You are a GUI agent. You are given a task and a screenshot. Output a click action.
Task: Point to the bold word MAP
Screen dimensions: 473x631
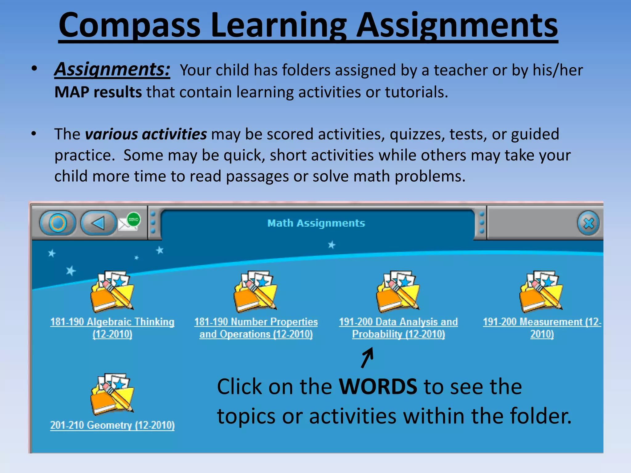(71, 92)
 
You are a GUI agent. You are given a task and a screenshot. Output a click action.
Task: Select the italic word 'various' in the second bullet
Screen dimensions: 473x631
(111, 134)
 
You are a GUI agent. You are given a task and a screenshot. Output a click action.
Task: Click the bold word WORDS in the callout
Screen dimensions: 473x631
(378, 386)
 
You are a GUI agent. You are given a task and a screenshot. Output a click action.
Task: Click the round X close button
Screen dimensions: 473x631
(588, 223)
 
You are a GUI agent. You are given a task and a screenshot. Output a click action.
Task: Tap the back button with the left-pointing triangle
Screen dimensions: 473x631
(99, 223)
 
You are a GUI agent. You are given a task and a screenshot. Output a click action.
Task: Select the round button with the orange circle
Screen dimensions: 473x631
(58, 223)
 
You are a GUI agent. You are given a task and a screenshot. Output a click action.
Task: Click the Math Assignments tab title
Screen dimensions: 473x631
(316, 223)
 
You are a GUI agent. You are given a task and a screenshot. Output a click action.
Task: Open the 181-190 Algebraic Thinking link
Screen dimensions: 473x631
(112, 328)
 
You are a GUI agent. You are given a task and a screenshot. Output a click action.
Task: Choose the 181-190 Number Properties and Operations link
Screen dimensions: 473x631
(256, 328)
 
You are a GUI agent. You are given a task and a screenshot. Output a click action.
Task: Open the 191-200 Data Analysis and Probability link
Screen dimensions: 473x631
(398, 328)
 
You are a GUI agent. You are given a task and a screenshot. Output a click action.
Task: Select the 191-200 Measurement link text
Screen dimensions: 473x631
(542, 328)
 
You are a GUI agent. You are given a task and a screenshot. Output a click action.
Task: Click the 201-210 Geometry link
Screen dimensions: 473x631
(112, 425)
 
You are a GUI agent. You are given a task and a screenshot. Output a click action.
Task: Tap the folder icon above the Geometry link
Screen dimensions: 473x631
(112, 394)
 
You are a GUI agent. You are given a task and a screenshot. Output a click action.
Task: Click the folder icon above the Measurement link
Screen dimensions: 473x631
(541, 291)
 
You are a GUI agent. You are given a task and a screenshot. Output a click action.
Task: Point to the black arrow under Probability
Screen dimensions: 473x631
(367, 357)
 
